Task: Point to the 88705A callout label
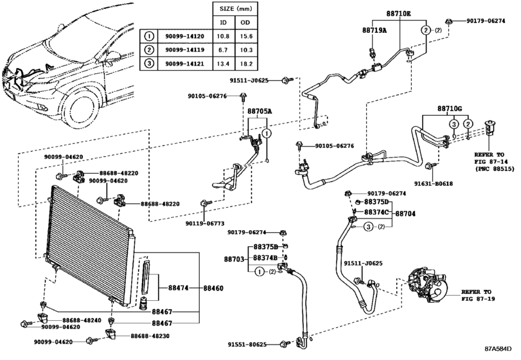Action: (x=260, y=111)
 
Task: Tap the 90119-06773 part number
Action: (x=204, y=223)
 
